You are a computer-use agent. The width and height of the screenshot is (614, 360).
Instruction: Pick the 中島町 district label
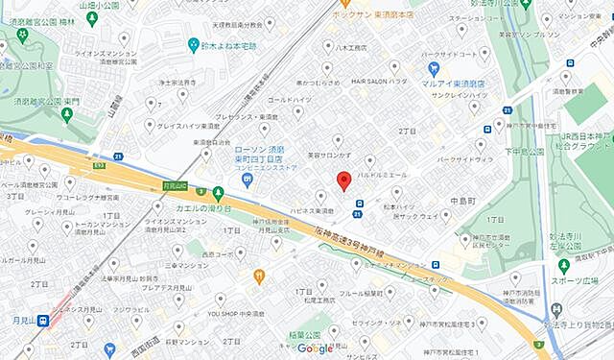click(450, 202)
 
